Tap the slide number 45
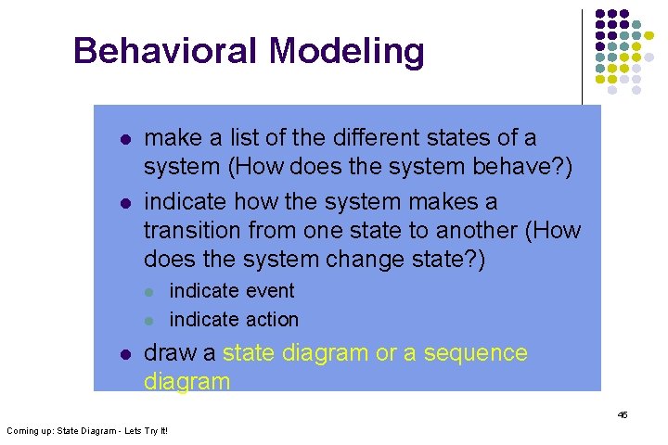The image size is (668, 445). click(623, 414)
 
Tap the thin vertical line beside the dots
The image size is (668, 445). click(582, 56)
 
